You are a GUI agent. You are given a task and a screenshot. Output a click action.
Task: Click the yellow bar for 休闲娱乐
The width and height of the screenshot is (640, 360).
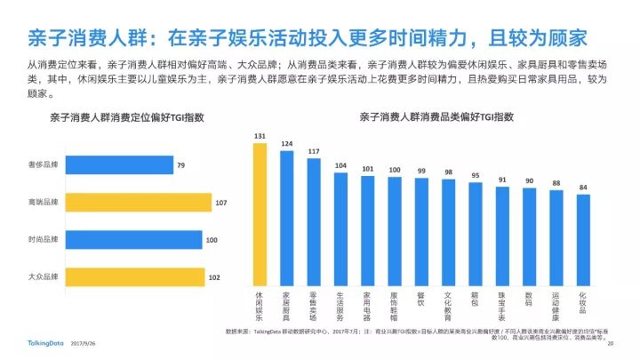click(260, 213)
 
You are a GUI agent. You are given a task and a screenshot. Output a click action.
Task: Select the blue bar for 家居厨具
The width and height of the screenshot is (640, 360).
click(287, 218)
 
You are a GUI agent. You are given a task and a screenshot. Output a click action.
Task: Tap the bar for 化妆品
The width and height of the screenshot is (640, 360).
click(583, 239)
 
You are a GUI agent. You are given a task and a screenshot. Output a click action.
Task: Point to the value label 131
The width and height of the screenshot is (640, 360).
click(260, 136)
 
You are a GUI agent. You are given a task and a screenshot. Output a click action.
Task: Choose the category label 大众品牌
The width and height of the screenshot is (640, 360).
click(44, 277)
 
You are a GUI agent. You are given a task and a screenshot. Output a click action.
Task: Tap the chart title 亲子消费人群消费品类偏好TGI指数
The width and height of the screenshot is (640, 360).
click(425, 116)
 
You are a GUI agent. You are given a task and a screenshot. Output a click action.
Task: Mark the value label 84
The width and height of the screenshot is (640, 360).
click(583, 188)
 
